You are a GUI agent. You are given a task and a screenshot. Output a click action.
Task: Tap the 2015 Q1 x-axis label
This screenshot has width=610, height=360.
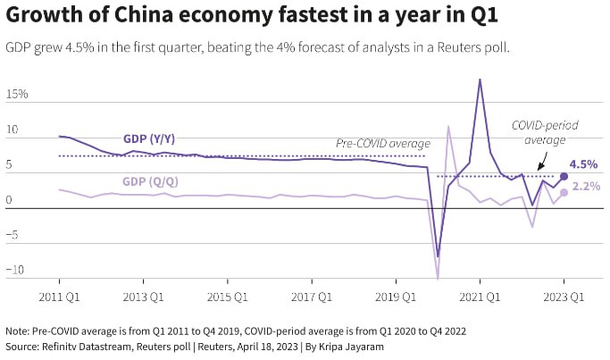coord(226,296)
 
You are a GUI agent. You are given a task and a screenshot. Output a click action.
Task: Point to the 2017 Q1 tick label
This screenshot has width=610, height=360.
coord(310,296)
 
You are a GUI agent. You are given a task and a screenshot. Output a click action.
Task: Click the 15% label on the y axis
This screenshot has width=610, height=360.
coord(16,94)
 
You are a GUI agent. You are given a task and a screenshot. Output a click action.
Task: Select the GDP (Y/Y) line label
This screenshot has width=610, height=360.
coord(148,138)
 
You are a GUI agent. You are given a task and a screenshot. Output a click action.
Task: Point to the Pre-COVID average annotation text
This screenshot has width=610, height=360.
coord(382,143)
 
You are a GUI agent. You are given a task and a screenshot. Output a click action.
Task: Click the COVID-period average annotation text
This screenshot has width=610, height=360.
coord(544,133)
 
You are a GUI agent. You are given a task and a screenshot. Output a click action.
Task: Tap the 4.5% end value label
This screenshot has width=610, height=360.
coord(583,164)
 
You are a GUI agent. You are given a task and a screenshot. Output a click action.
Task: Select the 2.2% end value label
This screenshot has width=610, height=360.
coord(585,186)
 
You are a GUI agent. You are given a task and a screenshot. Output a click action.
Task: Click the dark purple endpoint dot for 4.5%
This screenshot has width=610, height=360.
coord(564,176)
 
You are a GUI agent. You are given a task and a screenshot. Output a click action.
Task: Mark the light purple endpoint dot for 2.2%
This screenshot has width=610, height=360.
coord(564,192)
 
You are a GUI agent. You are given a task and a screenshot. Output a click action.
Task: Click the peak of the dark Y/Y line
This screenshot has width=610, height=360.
coord(480,80)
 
